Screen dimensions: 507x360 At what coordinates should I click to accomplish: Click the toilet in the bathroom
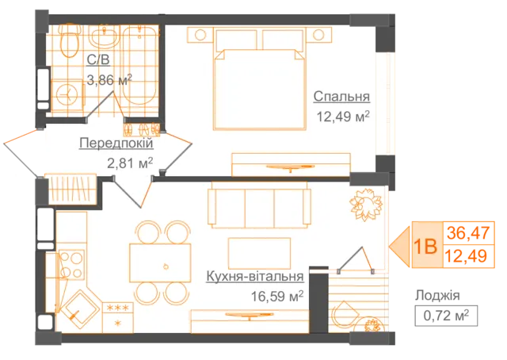[70, 40]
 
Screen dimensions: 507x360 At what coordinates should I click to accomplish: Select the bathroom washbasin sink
[104, 37]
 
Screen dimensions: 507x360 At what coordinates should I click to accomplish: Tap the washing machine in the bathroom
[67, 95]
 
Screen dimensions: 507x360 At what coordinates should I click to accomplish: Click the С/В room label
[98, 60]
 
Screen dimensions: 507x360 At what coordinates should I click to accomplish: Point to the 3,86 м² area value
[109, 79]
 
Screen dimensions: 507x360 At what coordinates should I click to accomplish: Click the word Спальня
[341, 97]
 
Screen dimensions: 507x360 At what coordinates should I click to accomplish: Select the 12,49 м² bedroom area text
[343, 117]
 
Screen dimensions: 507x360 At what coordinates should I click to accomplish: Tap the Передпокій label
[116, 143]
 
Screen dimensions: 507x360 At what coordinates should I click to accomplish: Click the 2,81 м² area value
[130, 163]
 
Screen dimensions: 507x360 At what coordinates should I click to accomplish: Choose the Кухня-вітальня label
[255, 277]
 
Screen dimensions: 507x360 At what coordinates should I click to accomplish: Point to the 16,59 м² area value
[277, 296]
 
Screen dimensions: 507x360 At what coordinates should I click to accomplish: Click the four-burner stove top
[71, 265]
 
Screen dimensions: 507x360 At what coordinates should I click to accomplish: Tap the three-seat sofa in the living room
[259, 205]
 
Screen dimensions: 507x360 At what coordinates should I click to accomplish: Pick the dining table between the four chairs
[160, 263]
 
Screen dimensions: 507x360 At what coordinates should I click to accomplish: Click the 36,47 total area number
[468, 233]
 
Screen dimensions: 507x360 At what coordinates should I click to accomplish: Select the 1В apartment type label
[426, 247]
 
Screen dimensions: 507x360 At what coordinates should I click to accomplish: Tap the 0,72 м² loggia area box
[446, 316]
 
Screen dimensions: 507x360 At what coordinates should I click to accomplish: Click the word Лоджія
[437, 295]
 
